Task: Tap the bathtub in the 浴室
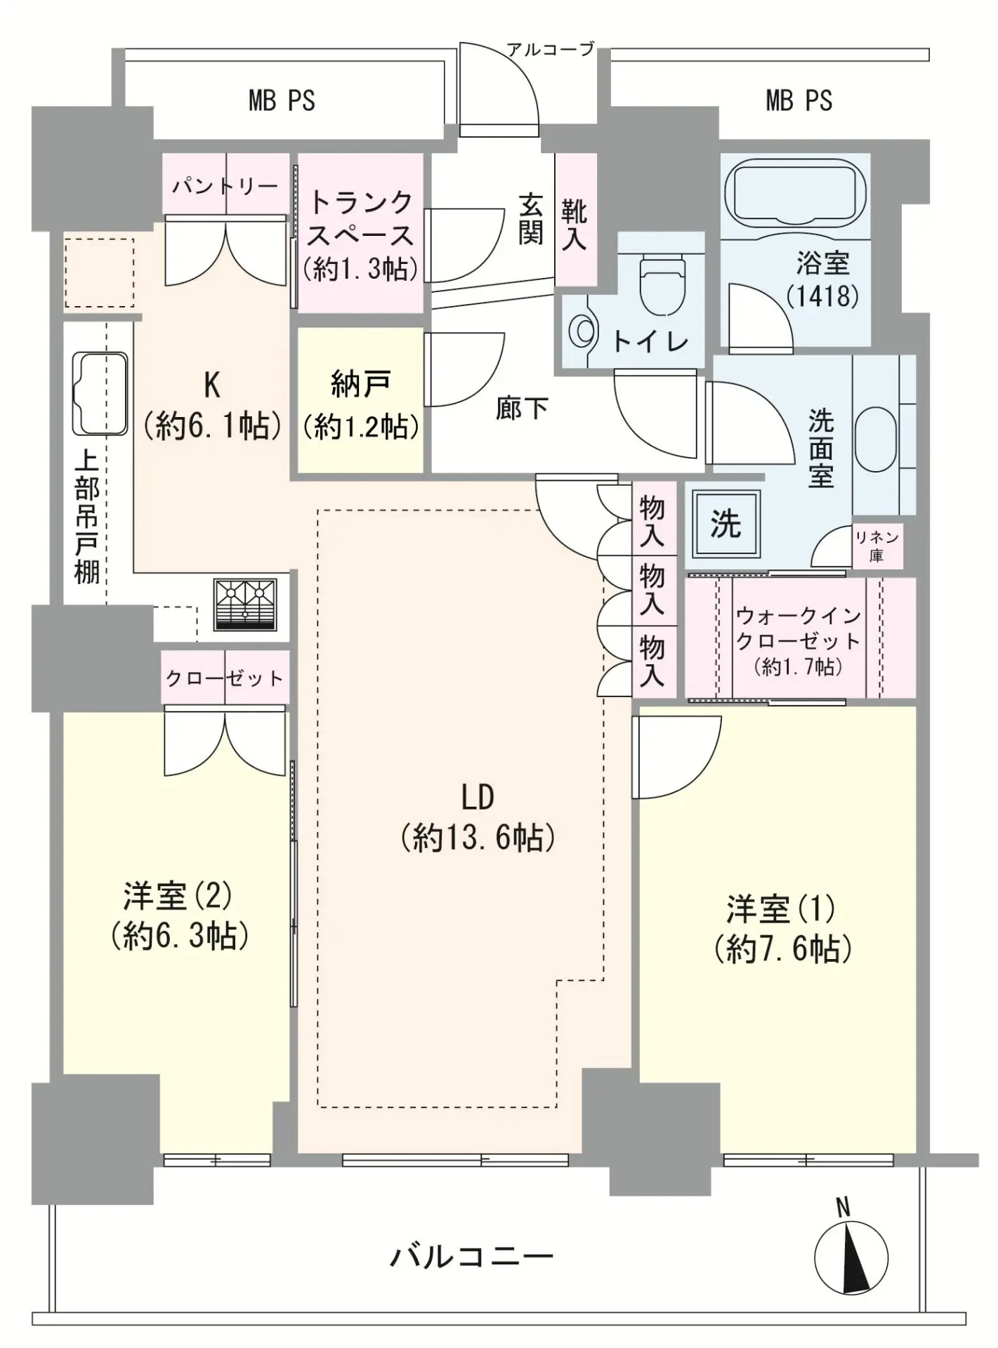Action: (x=795, y=189)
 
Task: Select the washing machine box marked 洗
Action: (x=726, y=524)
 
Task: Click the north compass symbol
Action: (x=851, y=1257)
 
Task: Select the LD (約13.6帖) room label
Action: (x=478, y=817)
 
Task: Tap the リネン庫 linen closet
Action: (x=876, y=546)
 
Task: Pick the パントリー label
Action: (x=225, y=186)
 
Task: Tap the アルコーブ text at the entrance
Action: (x=551, y=49)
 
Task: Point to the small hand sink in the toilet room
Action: (x=581, y=331)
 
